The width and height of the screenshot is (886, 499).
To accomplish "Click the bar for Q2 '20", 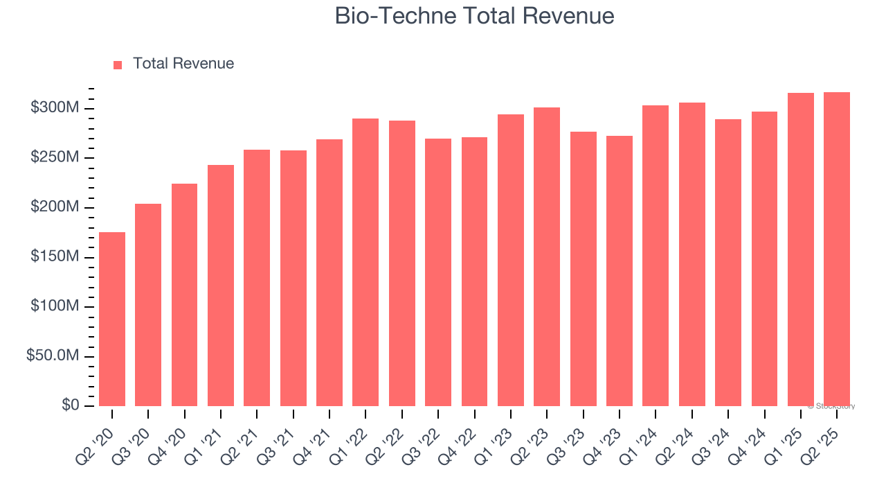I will click(x=112, y=319).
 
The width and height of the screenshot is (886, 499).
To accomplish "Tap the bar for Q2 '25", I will click(x=837, y=249).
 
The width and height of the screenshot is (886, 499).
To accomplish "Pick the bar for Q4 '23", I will click(x=620, y=270).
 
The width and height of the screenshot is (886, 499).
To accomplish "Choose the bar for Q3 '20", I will click(x=148, y=305).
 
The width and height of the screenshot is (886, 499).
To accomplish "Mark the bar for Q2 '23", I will click(x=547, y=256).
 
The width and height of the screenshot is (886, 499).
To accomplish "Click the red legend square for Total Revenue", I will click(x=118, y=64).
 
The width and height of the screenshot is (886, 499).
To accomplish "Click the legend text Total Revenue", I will click(x=183, y=64).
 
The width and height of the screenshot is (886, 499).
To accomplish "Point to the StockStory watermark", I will click(x=831, y=406).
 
